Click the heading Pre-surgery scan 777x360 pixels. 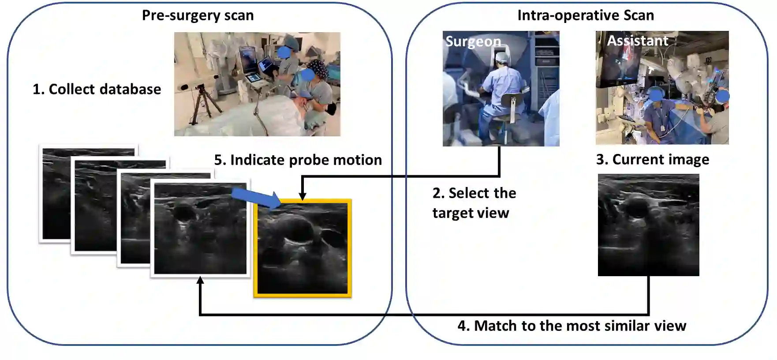point(198,15)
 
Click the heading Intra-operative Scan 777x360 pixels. point(585,15)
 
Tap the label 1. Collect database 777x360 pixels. point(97,89)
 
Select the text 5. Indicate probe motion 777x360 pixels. point(298,160)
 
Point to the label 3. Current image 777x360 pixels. point(652,159)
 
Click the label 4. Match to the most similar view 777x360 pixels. point(572,326)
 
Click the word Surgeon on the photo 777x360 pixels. point(473,41)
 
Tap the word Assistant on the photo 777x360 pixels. point(637,41)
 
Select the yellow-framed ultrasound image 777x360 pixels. point(303,248)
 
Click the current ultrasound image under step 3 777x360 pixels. point(648,225)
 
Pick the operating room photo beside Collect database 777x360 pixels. point(257,84)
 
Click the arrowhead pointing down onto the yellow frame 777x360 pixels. point(303,196)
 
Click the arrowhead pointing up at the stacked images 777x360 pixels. point(200,281)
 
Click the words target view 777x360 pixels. point(471,213)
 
